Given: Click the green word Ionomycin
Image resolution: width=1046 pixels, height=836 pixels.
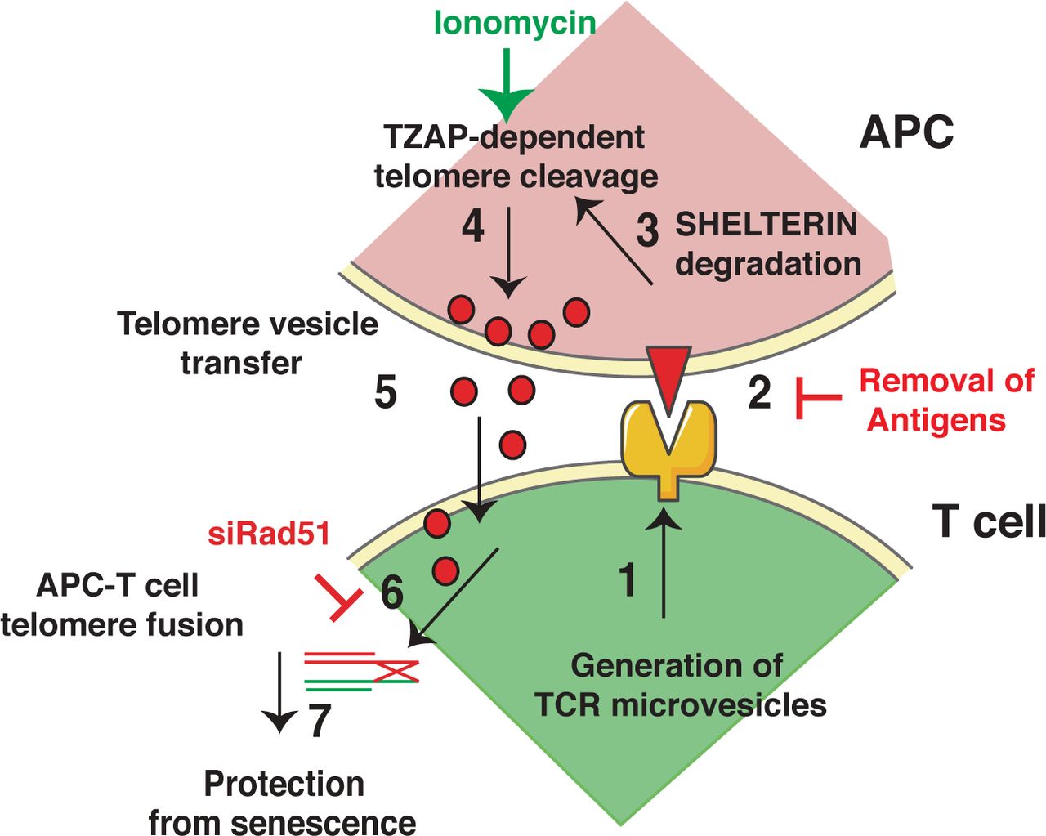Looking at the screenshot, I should point(515,23).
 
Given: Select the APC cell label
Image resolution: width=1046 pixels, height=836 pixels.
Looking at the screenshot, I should point(906,132).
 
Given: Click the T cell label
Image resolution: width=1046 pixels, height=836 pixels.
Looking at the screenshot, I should point(988,521).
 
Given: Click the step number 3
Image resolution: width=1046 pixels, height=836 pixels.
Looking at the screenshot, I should point(647,231).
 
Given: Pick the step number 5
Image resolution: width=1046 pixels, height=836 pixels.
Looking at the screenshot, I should point(386,392).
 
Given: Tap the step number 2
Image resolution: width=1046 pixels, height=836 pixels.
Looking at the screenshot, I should point(759,393).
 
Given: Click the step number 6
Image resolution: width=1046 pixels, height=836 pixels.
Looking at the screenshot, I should point(391,592).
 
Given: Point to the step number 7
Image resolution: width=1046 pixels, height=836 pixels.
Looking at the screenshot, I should point(320,722).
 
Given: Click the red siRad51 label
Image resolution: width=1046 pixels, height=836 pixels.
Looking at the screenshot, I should point(269,534).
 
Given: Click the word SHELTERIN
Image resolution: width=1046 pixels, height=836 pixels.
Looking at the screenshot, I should point(766,224).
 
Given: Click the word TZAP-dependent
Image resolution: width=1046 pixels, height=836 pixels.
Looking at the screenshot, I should point(515,137).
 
